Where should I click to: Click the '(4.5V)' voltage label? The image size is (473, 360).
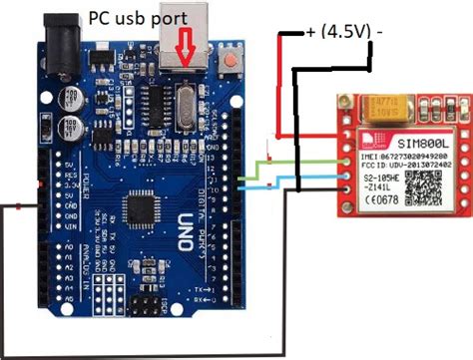[345, 32]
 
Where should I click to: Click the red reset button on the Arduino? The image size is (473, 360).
[233, 62]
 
